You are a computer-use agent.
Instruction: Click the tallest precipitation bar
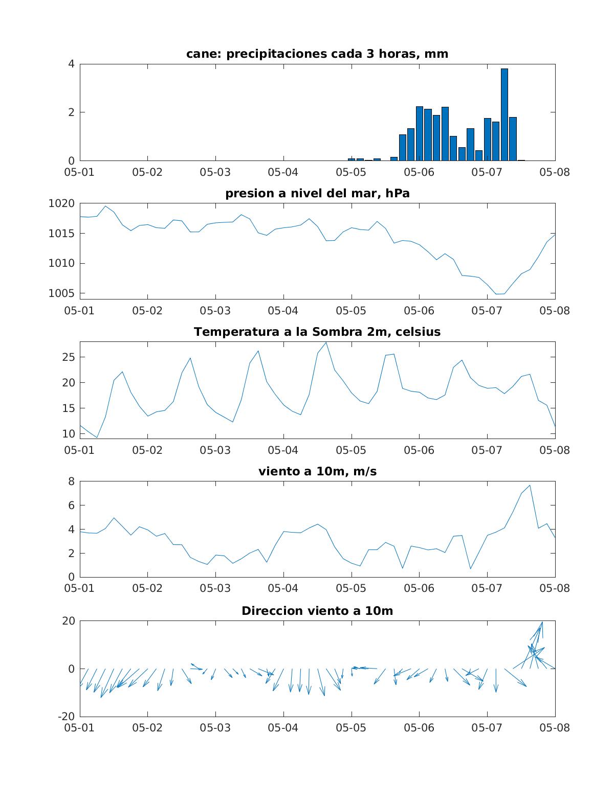[x=505, y=114]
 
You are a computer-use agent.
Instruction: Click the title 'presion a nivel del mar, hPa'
[x=317, y=193]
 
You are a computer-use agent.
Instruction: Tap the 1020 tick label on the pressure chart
[x=61, y=203]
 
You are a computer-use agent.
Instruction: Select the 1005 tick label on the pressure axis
[x=61, y=293]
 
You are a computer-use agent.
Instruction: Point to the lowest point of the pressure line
[x=496, y=294]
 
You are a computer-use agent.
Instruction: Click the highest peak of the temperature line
[x=326, y=342]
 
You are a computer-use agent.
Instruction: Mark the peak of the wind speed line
[x=530, y=486]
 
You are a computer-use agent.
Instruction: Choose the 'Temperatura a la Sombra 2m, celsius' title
[x=317, y=332]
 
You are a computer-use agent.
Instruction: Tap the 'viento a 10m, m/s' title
[x=317, y=471]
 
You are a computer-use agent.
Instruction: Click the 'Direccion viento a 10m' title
[x=317, y=611]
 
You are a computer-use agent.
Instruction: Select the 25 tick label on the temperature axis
[x=68, y=357]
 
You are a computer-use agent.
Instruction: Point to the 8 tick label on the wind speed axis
[x=71, y=481]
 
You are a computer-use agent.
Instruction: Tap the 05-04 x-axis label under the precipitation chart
[x=283, y=172]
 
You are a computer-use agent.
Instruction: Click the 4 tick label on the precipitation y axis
[x=71, y=64]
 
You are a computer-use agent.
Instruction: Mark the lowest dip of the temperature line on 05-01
[x=97, y=438]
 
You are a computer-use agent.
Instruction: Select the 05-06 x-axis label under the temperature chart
[x=419, y=450]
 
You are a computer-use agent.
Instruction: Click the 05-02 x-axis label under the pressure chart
[x=147, y=311]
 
